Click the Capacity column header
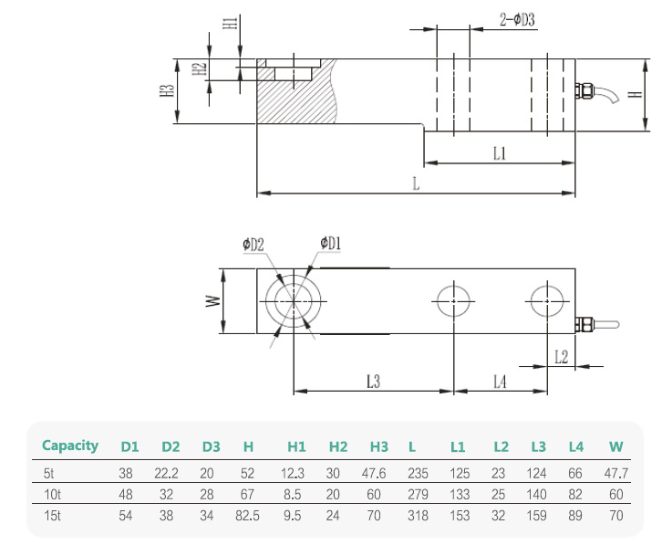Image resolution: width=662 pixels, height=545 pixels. click(x=70, y=446)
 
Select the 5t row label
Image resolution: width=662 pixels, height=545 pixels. click(x=49, y=474)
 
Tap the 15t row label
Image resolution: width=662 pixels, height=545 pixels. click(x=52, y=516)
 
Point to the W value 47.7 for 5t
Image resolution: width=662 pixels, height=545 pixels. click(x=617, y=474)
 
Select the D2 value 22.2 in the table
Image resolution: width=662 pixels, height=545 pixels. click(x=171, y=474)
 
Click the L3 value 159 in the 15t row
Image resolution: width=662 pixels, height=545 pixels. click(x=538, y=516)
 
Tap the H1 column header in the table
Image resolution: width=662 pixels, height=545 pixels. click(x=296, y=447)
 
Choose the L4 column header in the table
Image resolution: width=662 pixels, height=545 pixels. click(x=575, y=447)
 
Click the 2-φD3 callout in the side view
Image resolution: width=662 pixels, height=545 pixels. click(x=516, y=19)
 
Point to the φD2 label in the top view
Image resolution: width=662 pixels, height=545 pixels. click(x=253, y=245)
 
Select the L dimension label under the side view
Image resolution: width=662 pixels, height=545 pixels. click(x=415, y=183)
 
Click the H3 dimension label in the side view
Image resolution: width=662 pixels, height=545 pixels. click(x=165, y=91)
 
